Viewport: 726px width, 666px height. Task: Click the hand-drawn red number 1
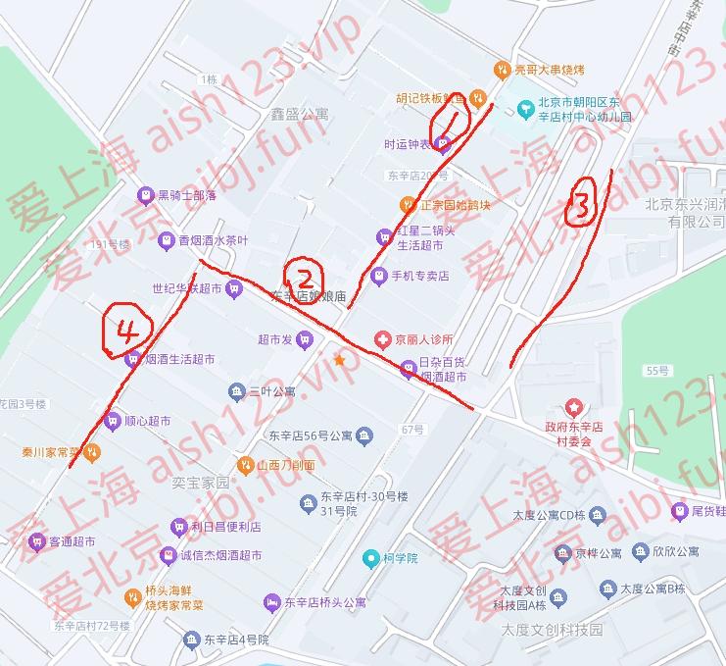[x=455, y=122]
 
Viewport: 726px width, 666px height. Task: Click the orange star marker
[x=339, y=360]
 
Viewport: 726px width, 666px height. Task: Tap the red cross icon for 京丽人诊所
[x=382, y=339]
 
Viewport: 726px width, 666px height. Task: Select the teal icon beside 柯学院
[x=370, y=559]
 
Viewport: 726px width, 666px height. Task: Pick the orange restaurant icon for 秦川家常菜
[x=90, y=452]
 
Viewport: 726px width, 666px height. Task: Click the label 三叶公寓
[x=272, y=391]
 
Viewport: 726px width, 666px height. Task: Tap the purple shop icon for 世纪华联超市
[x=233, y=288]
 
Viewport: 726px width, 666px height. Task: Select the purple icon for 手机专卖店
[x=379, y=276]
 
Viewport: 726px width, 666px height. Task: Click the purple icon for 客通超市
[x=36, y=540]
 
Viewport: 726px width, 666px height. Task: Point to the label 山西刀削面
[x=286, y=465]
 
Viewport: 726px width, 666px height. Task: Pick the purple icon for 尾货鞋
[x=678, y=510]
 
